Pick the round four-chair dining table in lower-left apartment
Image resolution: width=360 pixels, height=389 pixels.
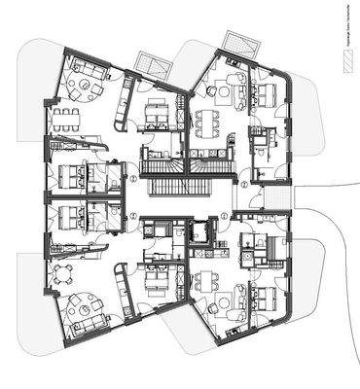click(64, 273)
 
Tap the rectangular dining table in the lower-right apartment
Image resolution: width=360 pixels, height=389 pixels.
click(206, 283)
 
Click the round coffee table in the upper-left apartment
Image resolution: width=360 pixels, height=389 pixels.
click(86, 87)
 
